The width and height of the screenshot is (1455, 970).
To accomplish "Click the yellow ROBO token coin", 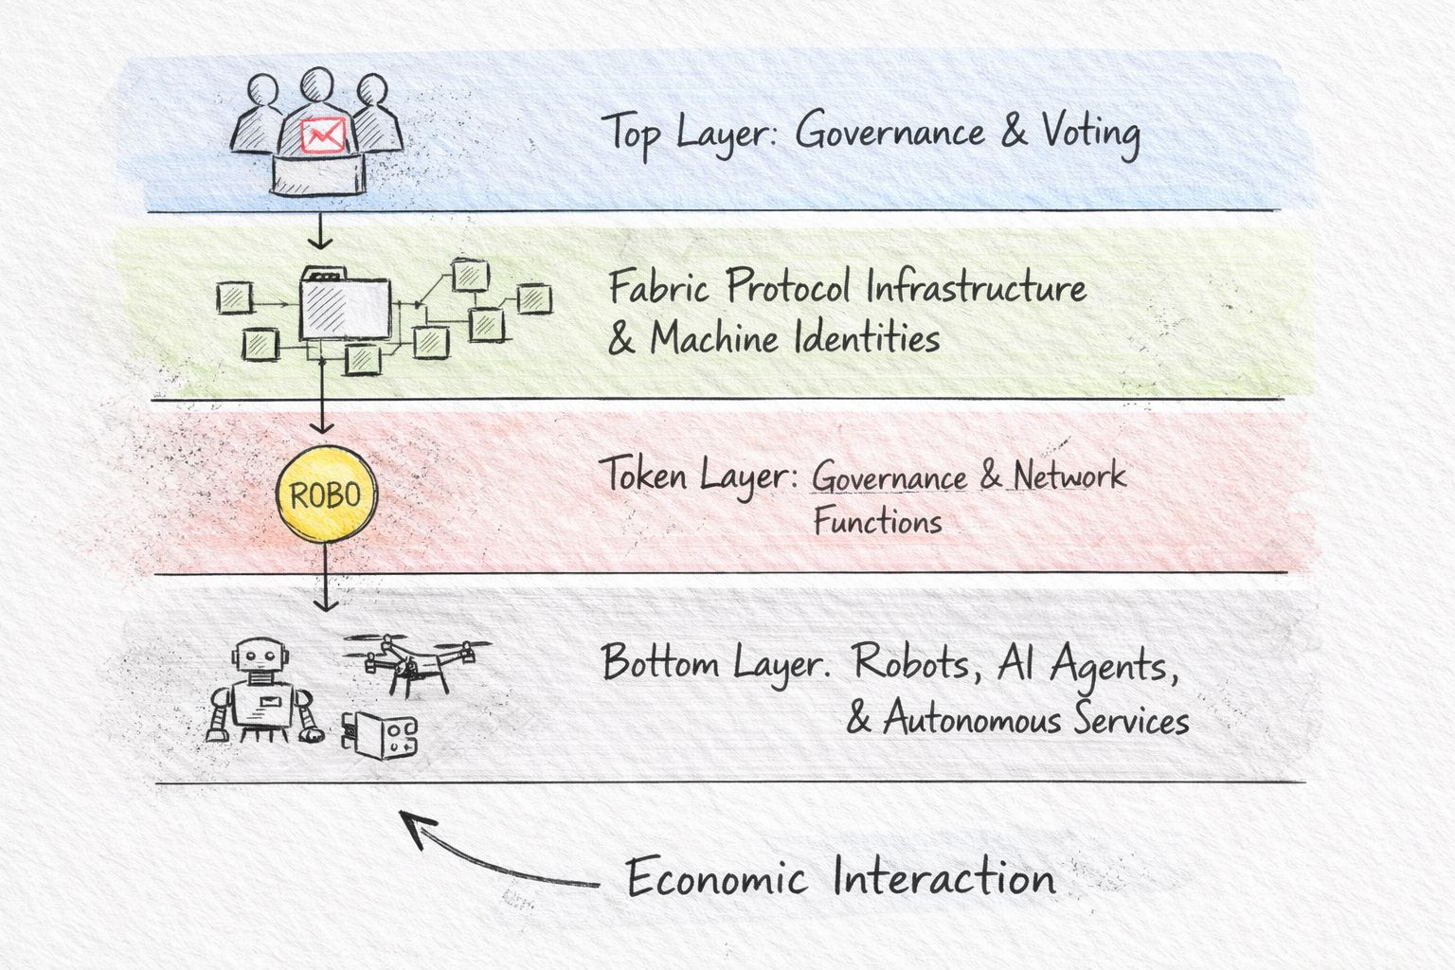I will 325,494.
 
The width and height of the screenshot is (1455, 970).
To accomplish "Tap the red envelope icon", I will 321,135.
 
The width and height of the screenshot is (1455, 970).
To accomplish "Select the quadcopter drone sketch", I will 417,656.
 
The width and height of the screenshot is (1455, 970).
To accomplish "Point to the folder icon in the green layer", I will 345,305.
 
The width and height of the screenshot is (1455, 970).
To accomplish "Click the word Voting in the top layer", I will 1090,132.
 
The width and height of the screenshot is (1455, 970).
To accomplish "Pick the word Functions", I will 877,522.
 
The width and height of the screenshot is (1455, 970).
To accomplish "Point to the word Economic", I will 716,878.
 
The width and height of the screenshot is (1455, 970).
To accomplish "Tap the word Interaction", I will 944,878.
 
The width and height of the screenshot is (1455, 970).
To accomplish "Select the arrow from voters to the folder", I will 321,230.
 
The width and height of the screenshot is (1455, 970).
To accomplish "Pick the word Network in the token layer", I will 1069,476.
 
